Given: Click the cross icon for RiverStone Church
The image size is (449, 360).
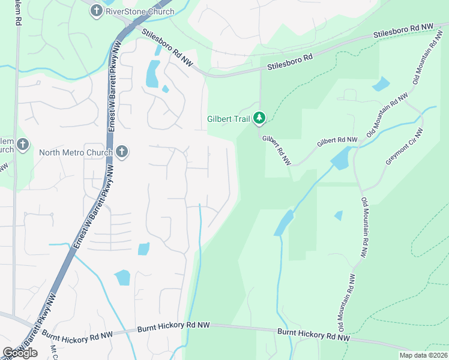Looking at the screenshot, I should click(96, 10).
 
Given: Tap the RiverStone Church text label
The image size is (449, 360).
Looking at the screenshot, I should click(139, 11).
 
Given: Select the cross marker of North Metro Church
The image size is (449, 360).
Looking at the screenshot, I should click(122, 152).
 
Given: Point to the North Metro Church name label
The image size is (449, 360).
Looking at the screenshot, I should click(76, 152).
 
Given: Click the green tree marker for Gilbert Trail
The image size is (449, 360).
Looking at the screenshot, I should click(259, 118).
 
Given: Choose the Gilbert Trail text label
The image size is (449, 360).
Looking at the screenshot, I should click(228, 119).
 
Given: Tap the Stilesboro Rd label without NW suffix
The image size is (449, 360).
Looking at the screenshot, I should click(292, 62).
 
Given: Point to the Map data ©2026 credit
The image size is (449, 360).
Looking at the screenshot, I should click(423, 355).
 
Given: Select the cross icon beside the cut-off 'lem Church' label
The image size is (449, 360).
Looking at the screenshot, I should click(23, 144).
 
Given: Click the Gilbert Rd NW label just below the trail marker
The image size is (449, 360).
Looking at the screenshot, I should click(277, 150).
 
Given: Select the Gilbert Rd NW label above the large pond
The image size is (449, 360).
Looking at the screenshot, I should click(337, 141).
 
